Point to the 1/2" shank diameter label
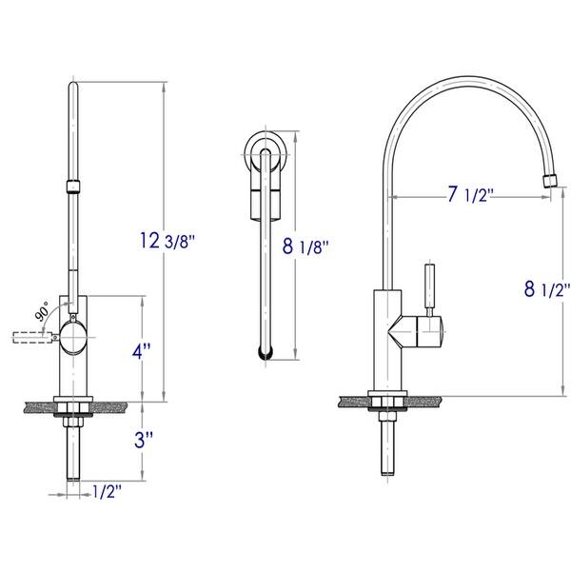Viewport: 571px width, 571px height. click(108, 492)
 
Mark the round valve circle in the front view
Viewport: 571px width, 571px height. click(73, 333)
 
